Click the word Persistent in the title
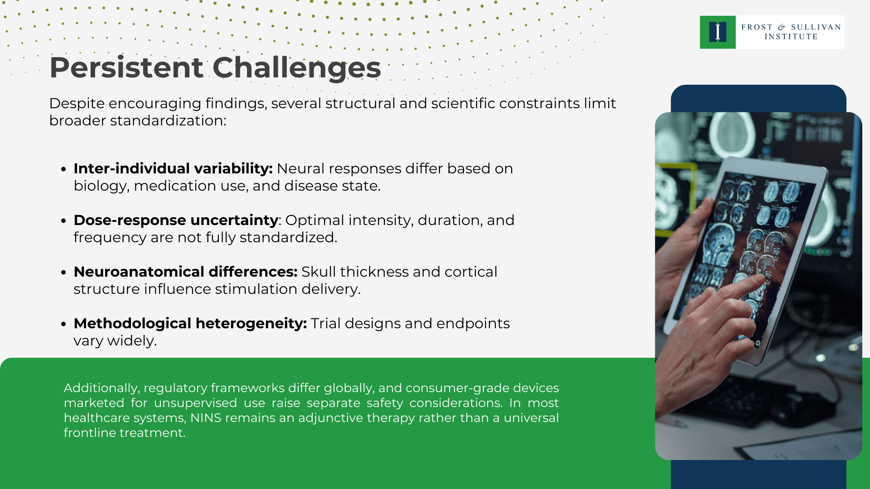coord(126,68)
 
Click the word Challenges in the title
coord(296,68)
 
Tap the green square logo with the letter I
coord(717,32)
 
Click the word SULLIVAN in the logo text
coord(816,27)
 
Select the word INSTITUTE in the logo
coord(791,37)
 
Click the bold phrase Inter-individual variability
coord(173,168)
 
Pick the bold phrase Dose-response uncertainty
coord(176,220)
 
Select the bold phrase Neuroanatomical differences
coord(185,272)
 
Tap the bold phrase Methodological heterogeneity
coord(190,323)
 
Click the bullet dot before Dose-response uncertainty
coord(64,221)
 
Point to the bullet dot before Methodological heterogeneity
coord(64,324)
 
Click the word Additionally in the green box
coord(101,388)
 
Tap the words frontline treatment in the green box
coord(124,433)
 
